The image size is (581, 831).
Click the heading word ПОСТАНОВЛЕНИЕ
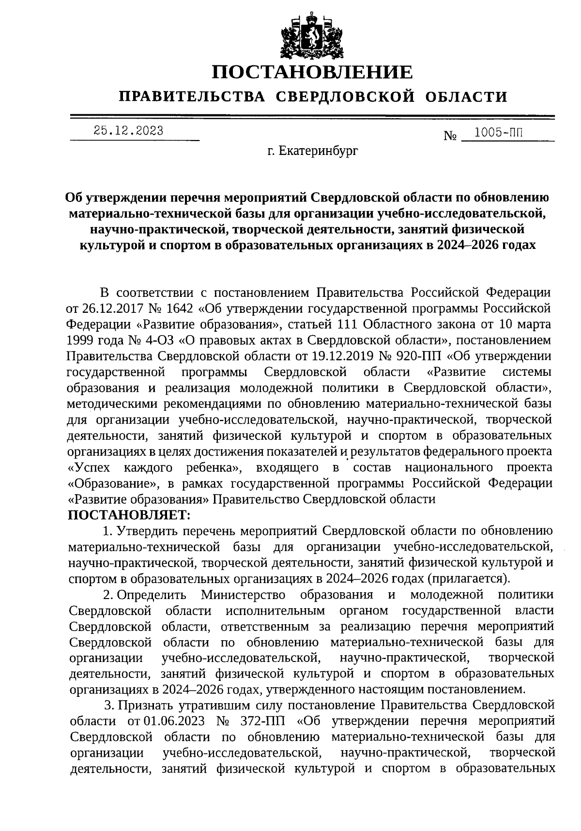click(x=312, y=73)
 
